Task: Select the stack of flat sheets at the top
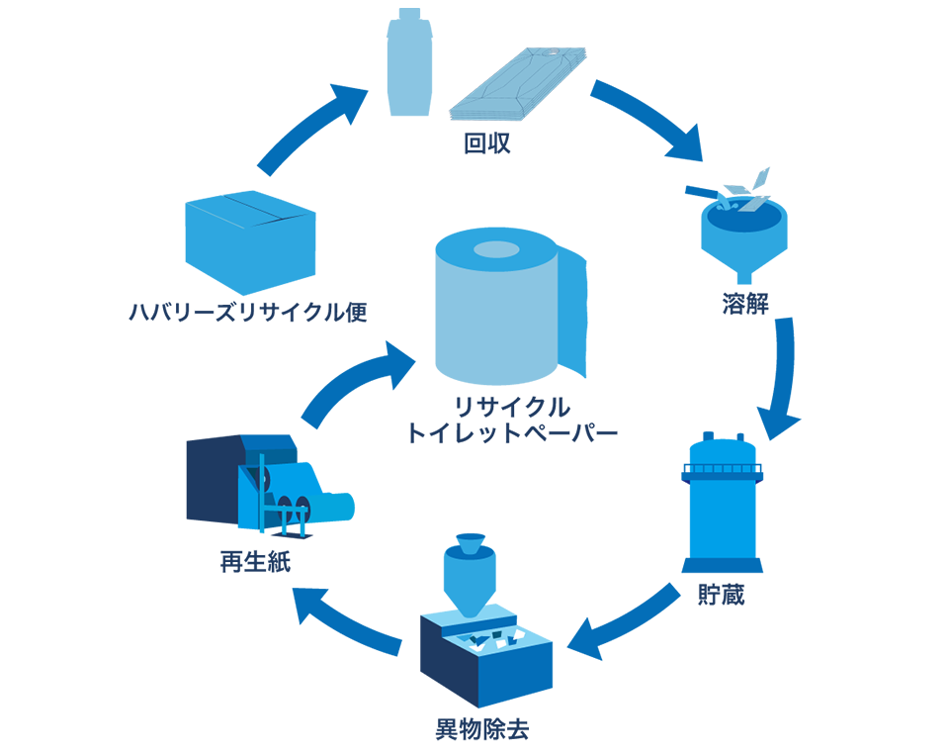(x=516, y=84)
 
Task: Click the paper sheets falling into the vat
(x=747, y=190)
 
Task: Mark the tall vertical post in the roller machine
(x=261, y=500)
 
